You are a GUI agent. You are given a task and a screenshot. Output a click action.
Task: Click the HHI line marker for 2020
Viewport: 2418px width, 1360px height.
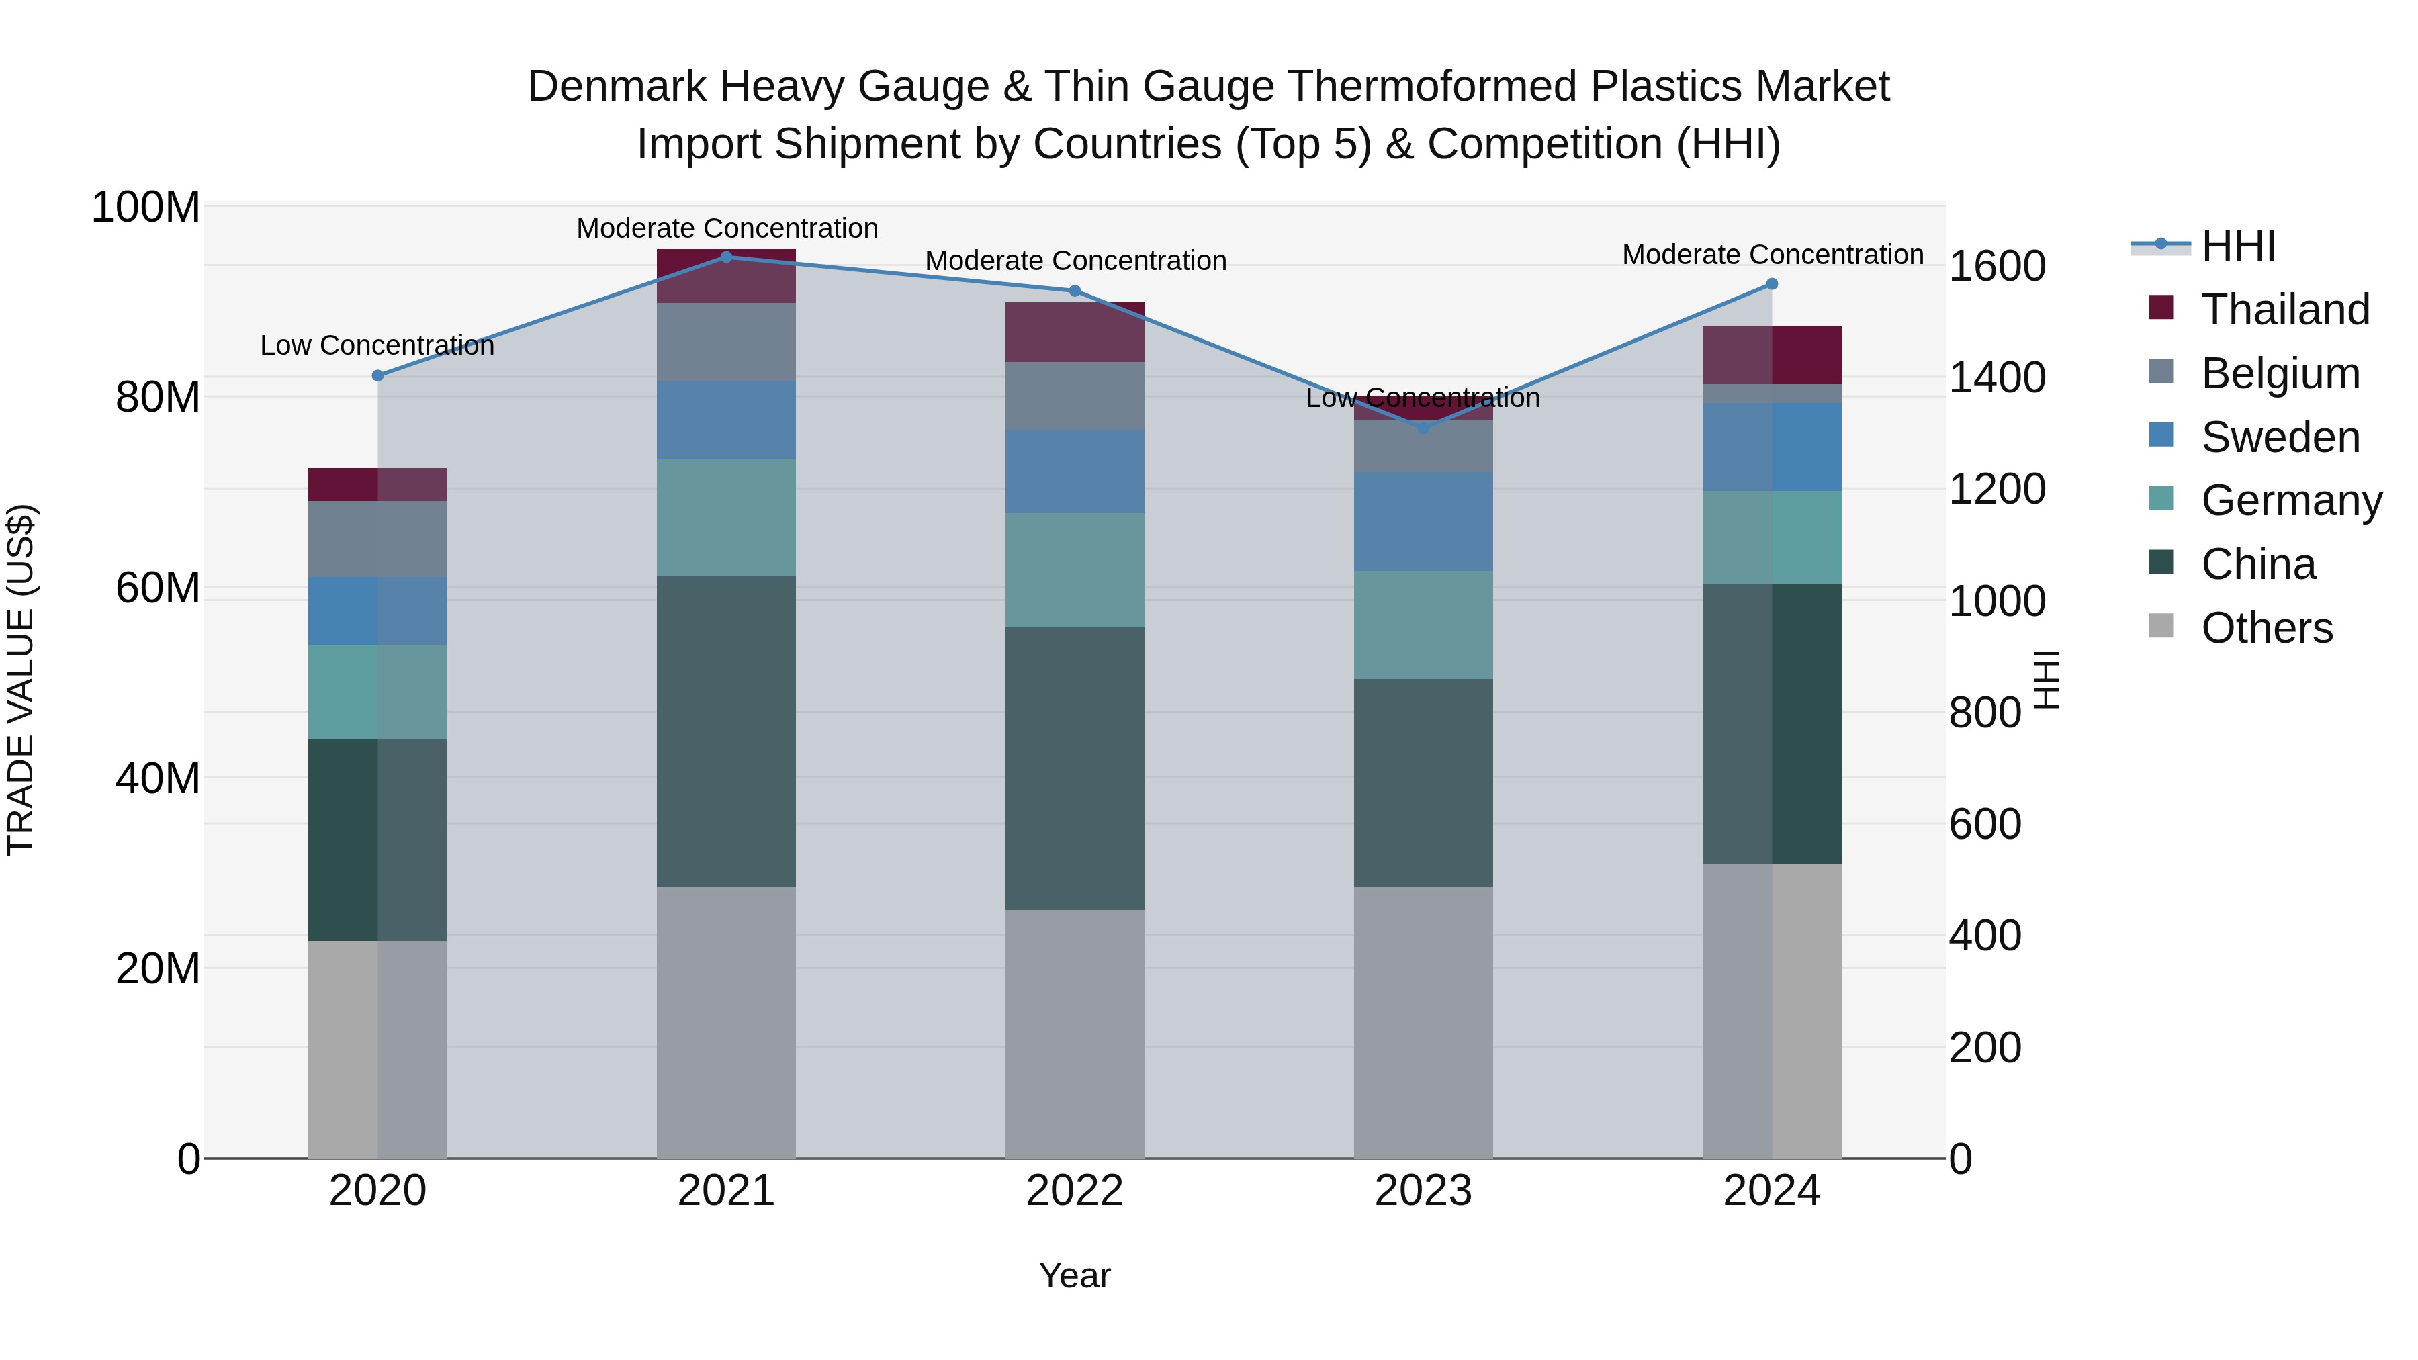coord(378,375)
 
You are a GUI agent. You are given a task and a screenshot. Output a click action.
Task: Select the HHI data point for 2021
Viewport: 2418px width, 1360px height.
coord(727,257)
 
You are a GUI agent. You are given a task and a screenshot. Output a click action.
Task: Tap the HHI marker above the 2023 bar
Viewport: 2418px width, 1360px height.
coord(1423,428)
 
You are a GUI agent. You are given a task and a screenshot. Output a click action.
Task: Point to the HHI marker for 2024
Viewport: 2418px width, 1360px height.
coord(1773,283)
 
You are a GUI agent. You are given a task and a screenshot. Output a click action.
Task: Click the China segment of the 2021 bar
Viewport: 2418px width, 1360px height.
coord(727,732)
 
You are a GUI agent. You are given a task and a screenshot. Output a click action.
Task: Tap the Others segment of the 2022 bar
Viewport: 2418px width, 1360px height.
coord(1075,1032)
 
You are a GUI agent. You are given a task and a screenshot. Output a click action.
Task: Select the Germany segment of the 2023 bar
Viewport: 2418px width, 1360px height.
coord(1423,625)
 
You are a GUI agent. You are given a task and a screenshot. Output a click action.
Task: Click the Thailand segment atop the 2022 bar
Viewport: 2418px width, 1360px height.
coord(1075,332)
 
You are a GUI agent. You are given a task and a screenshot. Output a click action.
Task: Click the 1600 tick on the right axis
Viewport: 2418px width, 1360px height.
coord(1998,267)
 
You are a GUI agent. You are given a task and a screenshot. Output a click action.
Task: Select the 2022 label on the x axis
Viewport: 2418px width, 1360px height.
coord(1075,1191)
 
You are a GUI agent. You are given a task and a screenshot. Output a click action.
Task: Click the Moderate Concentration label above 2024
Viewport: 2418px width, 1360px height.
coord(1773,255)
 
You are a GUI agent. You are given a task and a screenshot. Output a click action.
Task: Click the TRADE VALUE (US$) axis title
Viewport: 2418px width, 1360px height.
coord(21,680)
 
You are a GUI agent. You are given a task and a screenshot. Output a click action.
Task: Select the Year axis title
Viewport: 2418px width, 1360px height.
coord(1075,1275)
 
